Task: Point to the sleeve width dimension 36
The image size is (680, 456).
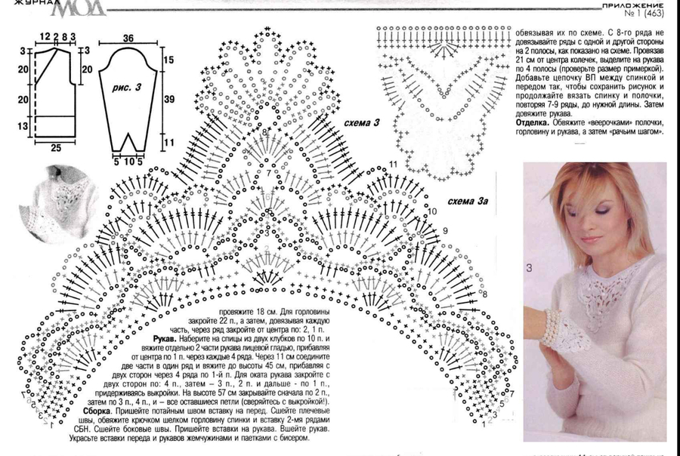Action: pyautogui.click(x=128, y=39)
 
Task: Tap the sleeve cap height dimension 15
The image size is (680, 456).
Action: pyautogui.click(x=168, y=59)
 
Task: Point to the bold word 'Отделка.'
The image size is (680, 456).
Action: pyautogui.click(x=535, y=122)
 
